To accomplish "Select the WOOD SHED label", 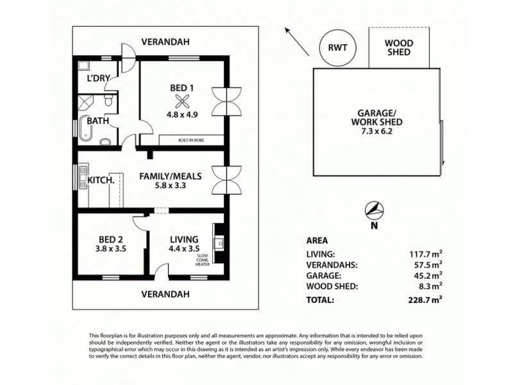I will (399, 47).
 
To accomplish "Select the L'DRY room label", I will (99, 78).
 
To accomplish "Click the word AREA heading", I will (318, 242).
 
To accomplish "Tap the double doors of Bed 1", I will (228, 99).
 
